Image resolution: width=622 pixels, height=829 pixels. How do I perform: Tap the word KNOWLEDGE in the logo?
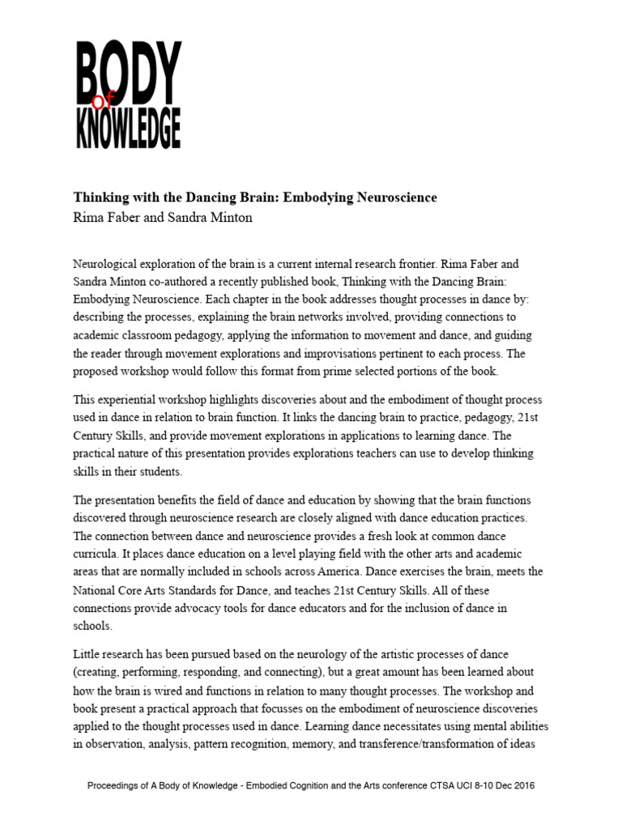tap(128, 129)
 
